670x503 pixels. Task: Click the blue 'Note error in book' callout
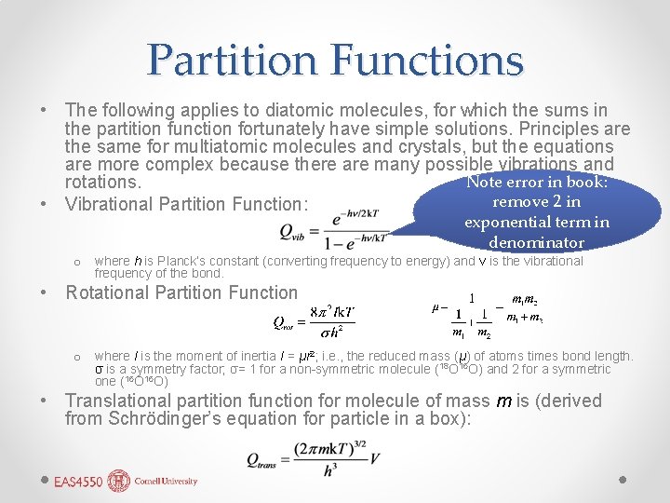tap(537, 211)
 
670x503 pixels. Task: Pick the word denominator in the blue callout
tap(537, 242)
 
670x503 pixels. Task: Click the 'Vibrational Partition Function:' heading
tap(186, 204)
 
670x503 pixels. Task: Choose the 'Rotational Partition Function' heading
tap(181, 292)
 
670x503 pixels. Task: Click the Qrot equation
tap(314, 318)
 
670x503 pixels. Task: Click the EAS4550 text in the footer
tap(77, 482)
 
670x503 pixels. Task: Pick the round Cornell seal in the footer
tap(118, 481)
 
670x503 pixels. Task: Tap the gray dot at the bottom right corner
tap(624, 480)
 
